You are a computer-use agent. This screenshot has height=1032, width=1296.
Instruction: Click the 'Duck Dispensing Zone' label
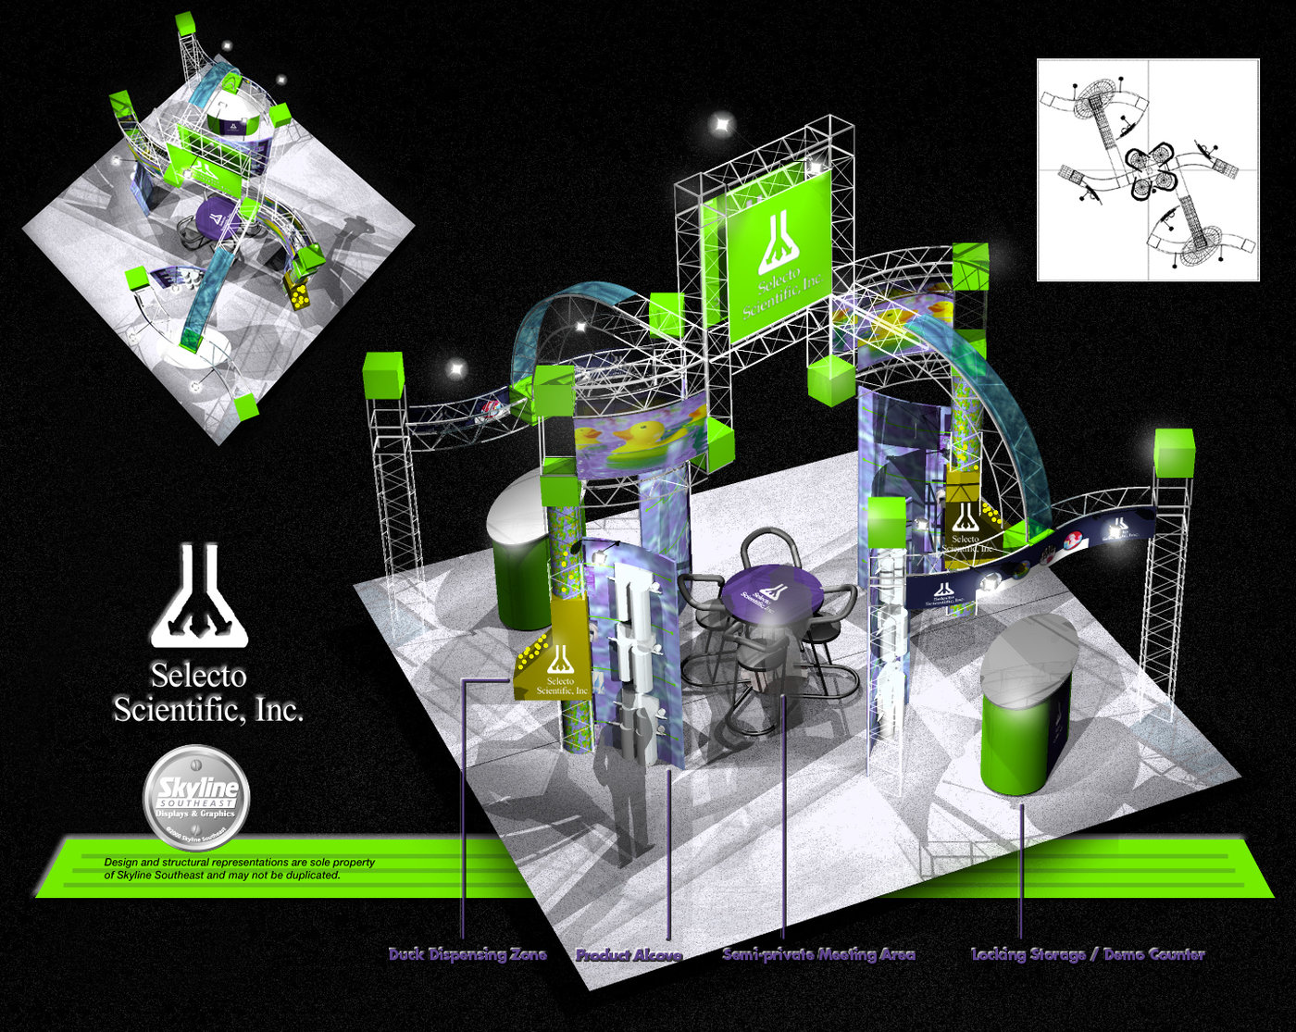click(x=467, y=954)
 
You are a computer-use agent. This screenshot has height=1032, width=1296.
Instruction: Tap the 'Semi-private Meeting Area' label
click(x=818, y=954)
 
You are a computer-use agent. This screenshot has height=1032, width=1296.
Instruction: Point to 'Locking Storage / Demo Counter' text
click(x=1088, y=954)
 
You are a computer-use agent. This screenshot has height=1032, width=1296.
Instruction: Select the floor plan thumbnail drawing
click(x=1148, y=169)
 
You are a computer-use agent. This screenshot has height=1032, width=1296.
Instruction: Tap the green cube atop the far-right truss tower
click(x=1173, y=452)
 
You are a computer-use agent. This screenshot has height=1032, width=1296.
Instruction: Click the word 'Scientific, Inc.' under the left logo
click(x=208, y=710)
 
